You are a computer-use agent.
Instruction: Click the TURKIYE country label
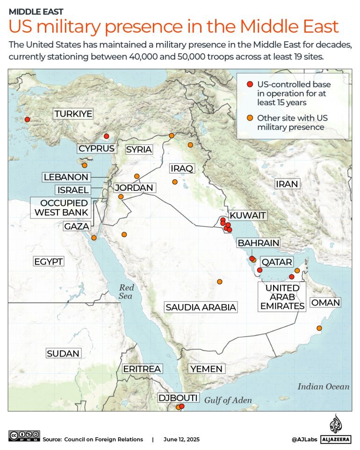(x=73, y=114)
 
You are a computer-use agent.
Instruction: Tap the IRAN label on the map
(x=287, y=184)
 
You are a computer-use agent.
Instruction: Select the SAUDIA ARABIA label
(x=201, y=307)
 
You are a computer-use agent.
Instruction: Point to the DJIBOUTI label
(x=178, y=398)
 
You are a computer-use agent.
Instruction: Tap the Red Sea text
(x=126, y=292)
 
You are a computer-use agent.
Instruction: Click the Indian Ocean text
(x=324, y=386)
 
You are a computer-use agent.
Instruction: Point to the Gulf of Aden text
(x=228, y=400)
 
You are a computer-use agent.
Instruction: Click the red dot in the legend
(x=250, y=84)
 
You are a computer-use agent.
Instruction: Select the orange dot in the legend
(x=250, y=117)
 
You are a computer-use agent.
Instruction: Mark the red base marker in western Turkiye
(x=27, y=119)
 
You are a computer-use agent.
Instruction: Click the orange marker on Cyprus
(x=85, y=165)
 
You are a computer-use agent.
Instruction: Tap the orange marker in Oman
(x=319, y=328)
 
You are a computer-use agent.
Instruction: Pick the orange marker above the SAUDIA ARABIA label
(x=219, y=282)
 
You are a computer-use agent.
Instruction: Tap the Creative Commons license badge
(x=24, y=435)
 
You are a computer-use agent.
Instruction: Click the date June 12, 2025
(x=181, y=439)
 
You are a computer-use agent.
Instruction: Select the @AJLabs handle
(x=305, y=439)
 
